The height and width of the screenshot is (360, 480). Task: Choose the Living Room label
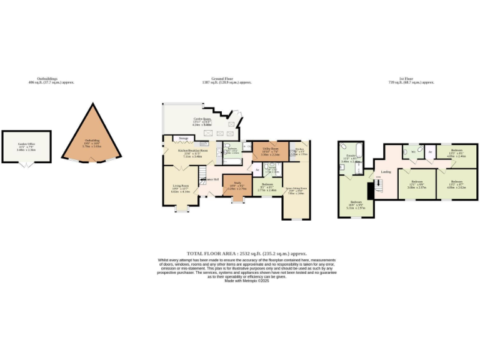tap(180, 186)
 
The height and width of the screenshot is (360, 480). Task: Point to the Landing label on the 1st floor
tap(386, 171)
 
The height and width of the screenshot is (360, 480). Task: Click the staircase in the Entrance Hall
tap(204, 178)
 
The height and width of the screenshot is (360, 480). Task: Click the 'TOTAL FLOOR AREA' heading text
tap(239, 254)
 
